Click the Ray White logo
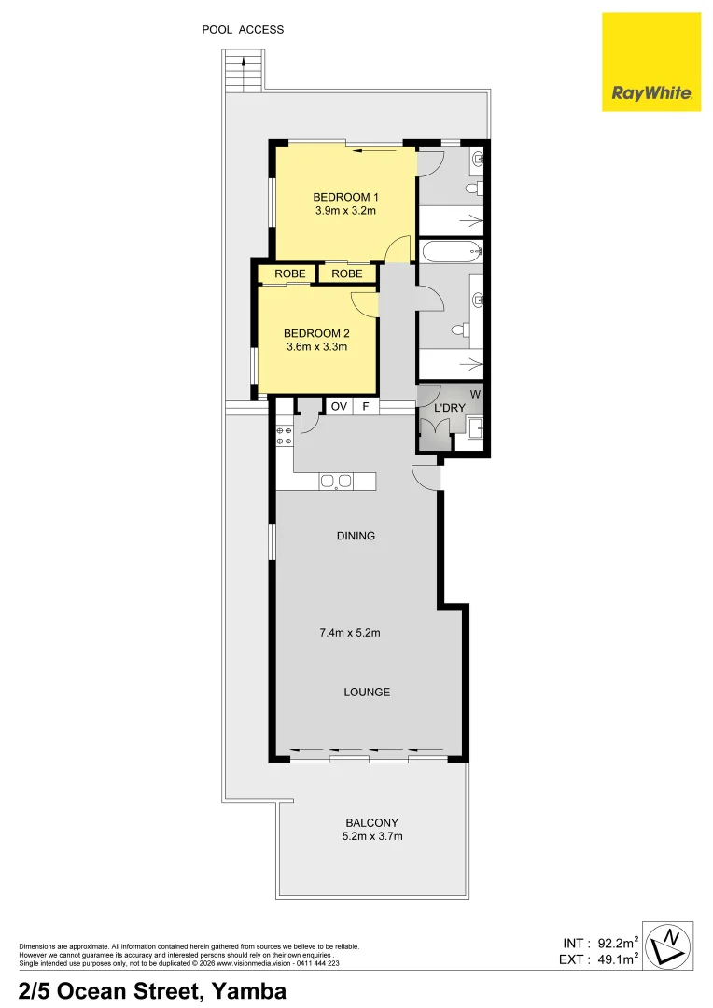650,62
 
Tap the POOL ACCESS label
243,30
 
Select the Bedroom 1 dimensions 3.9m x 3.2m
345,211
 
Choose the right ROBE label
347,273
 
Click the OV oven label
339,406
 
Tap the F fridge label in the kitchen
366,406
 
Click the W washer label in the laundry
475,394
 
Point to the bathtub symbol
450,250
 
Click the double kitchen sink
336,482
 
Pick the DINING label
356,536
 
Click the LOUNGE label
367,692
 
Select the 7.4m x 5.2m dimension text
349,633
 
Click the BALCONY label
372,822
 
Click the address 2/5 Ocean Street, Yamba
152,989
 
